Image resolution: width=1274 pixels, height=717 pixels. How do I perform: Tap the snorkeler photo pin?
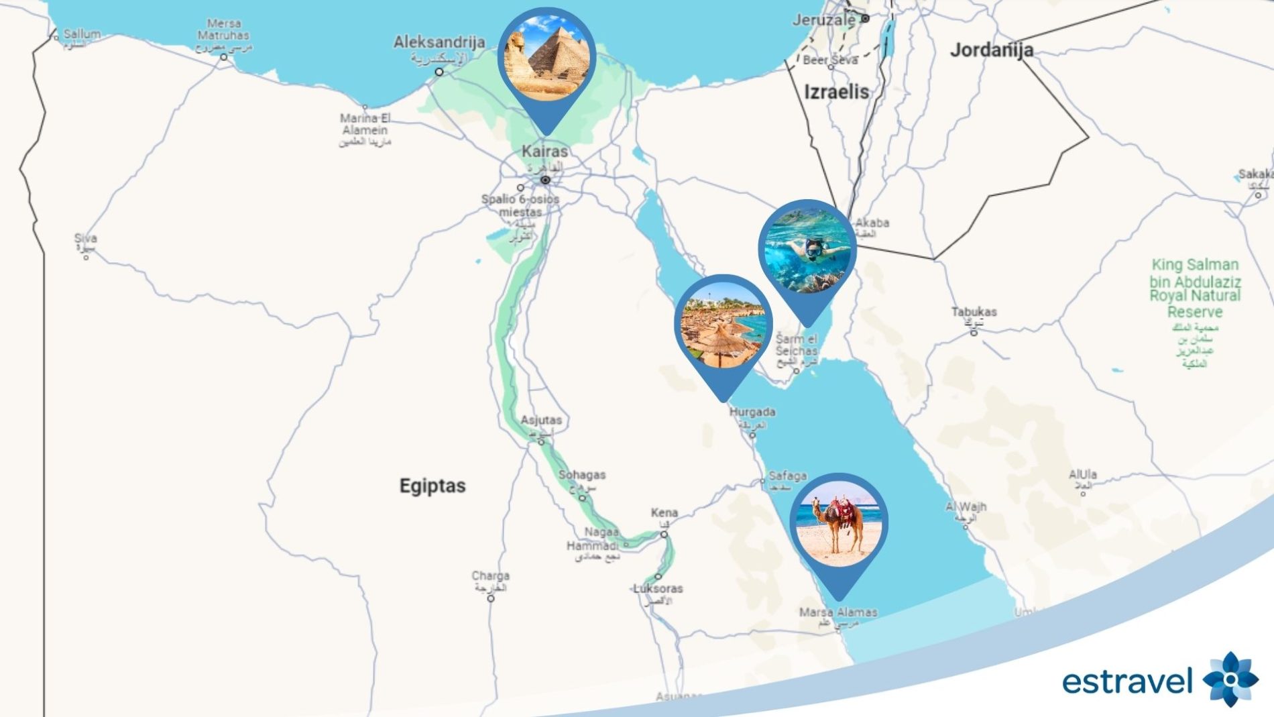(x=807, y=250)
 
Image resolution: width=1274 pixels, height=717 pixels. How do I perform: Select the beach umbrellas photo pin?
(x=723, y=325)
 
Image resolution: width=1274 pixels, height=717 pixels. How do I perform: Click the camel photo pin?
(x=838, y=524)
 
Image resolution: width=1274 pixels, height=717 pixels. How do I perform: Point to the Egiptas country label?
(x=432, y=486)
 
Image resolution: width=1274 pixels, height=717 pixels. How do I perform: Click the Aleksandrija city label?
(x=439, y=42)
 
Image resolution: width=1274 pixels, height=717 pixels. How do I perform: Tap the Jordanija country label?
(x=991, y=50)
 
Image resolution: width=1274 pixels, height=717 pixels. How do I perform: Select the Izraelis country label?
(x=836, y=92)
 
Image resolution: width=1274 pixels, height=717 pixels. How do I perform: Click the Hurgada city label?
(x=752, y=412)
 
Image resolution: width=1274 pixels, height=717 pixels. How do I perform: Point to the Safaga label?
(x=787, y=476)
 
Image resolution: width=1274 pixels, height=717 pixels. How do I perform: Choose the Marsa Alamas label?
(x=837, y=612)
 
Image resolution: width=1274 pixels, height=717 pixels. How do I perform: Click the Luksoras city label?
(x=658, y=588)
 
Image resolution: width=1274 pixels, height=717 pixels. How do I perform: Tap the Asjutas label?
(x=541, y=420)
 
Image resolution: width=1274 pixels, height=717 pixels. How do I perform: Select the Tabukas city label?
(x=974, y=312)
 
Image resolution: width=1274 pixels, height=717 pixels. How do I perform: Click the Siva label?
(x=85, y=238)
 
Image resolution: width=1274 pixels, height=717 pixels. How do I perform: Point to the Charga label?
(x=490, y=575)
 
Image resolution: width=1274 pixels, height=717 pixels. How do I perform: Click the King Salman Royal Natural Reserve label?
(x=1195, y=288)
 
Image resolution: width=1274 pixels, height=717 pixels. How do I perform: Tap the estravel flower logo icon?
(x=1230, y=679)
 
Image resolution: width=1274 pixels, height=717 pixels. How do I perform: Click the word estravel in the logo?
(x=1126, y=681)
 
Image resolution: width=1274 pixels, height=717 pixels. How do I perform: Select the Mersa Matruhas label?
(x=223, y=30)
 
